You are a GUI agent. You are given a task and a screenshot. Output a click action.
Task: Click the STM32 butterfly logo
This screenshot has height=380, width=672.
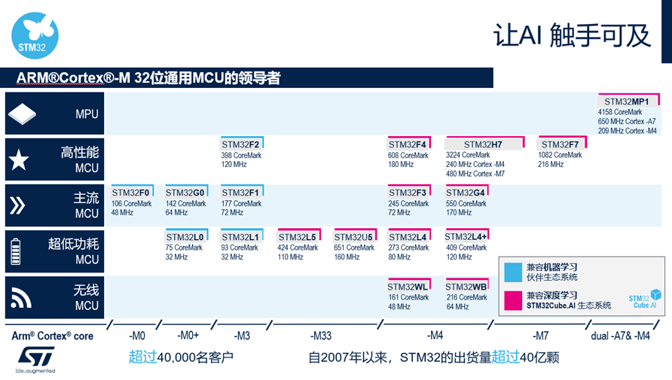point(35,35)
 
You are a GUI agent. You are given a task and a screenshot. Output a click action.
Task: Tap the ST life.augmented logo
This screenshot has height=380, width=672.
point(35,360)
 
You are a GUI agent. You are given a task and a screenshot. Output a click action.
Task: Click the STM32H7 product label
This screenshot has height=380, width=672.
point(484,144)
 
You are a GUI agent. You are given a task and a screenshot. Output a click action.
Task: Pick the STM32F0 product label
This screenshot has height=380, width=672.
point(132,193)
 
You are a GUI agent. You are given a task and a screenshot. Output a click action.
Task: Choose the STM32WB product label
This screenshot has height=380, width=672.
point(467,286)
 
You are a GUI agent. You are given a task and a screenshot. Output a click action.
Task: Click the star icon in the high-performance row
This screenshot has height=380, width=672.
point(19,160)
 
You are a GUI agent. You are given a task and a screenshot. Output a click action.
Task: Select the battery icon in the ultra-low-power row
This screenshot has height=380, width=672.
point(15,251)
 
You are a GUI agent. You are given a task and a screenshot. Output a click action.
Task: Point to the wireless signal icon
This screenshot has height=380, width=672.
point(20,298)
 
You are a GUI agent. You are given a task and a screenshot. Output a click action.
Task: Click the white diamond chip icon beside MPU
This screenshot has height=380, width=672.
point(22,114)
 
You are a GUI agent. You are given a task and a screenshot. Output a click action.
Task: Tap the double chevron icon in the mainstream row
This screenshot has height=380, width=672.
point(17,205)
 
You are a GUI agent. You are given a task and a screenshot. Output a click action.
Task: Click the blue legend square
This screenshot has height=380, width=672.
point(513,272)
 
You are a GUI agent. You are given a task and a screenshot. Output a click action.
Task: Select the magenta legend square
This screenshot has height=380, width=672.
point(513,300)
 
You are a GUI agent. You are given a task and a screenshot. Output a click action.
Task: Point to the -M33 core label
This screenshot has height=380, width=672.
point(321,336)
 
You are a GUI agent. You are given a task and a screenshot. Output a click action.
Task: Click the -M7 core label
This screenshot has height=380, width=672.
point(540,336)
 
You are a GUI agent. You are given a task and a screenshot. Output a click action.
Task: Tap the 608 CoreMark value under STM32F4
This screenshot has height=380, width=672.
point(408,155)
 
